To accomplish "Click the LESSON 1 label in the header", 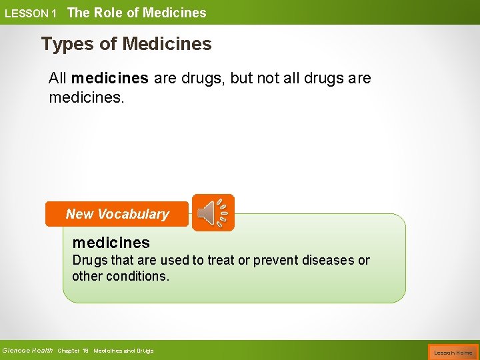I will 30,13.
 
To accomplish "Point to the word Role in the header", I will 117,13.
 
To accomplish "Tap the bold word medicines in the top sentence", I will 109,78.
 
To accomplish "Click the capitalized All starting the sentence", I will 57,78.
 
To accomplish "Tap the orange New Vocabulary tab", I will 117,214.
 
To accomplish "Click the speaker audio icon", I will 213,213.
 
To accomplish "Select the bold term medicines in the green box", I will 111,242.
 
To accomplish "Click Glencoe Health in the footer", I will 27,351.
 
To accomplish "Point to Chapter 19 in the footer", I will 73,351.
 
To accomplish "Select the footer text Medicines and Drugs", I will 123,351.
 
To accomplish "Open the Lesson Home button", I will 453,351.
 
